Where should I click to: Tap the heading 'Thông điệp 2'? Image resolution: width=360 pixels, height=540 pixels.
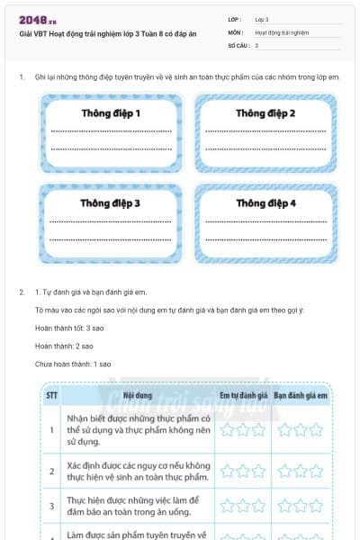click(265, 113)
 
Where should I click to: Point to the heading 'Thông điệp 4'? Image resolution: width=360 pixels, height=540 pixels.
click(265, 203)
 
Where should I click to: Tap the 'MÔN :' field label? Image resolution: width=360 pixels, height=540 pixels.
click(236, 31)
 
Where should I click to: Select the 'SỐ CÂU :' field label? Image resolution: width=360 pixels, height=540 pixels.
click(238, 44)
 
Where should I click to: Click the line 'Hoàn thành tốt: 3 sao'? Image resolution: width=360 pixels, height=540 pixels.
click(69, 328)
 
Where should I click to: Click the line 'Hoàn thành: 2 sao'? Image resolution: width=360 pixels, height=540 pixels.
click(63, 346)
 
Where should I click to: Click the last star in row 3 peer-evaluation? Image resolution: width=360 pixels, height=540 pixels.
click(316, 506)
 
